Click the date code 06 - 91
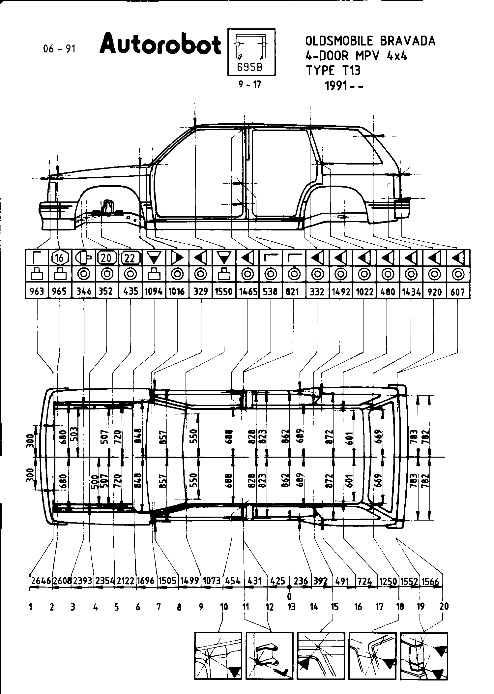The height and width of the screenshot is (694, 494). pos(59,49)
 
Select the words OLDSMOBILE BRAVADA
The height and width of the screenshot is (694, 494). pos(370,41)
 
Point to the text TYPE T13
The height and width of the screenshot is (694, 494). pos(333,70)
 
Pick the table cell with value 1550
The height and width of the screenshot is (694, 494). pos(224,291)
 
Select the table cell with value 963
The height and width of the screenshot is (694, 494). pos(37,291)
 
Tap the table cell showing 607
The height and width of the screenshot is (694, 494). pos(457,291)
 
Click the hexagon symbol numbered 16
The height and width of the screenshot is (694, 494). pos(60,257)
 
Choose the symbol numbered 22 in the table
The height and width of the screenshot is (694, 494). pos(130,257)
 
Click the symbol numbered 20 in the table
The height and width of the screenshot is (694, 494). pos(106,257)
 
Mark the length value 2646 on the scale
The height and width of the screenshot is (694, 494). pos(41,581)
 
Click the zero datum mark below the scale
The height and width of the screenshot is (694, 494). pos(289,596)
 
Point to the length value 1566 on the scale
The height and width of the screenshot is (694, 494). pos(431,581)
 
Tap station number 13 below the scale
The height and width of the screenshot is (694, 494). pos(292,606)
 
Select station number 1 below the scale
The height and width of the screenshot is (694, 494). pos(31,606)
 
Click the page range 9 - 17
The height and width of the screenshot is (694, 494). pos(250,84)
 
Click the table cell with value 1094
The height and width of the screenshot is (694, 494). pos(154,291)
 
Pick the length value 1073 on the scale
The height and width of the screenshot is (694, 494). pos(212,581)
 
